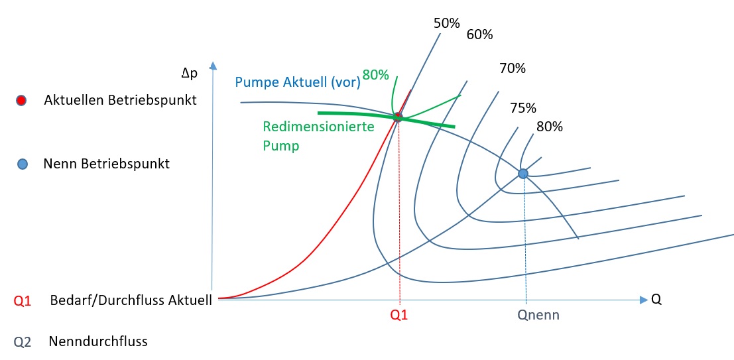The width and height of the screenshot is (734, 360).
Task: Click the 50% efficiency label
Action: tap(446, 23)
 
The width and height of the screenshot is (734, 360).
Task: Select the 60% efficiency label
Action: tap(479, 34)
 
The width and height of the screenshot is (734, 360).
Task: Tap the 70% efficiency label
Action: tap(512, 68)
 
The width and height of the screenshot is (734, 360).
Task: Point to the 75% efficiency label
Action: tap(523, 108)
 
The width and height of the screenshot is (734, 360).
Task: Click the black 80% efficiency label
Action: tap(549, 127)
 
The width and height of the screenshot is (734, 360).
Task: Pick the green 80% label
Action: tap(375, 75)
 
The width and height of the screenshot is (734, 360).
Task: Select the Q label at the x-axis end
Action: tap(656, 300)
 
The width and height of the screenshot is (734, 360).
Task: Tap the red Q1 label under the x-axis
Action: tap(399, 316)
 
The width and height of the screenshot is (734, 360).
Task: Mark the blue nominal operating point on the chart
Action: tap(522, 174)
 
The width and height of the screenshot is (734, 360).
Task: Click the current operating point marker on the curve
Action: tap(398, 117)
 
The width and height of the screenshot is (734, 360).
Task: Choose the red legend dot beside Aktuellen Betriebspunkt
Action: tap(21, 101)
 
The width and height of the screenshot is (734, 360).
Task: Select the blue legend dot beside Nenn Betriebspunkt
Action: tap(21, 164)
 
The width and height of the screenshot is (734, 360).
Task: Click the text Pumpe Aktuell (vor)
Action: tap(298, 83)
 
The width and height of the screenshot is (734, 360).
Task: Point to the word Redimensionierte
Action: tap(319, 126)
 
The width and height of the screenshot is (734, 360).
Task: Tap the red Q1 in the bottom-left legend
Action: tap(23, 300)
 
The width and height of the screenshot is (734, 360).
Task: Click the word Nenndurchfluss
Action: tap(97, 342)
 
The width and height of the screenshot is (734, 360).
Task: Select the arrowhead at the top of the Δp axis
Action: tap(212, 66)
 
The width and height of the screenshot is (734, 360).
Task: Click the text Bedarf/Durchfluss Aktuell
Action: tap(131, 300)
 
